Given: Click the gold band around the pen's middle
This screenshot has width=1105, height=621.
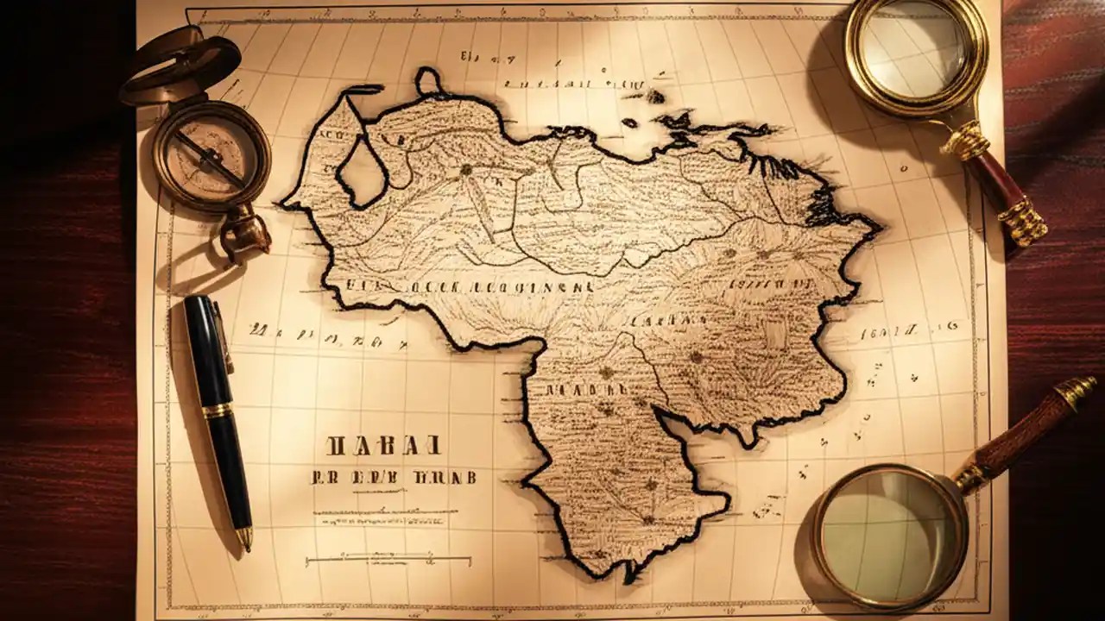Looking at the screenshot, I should [x=218, y=411].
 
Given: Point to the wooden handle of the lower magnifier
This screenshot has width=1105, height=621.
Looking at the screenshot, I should [x=1019, y=436].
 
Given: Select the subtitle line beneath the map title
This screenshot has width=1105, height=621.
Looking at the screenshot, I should [x=393, y=477].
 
